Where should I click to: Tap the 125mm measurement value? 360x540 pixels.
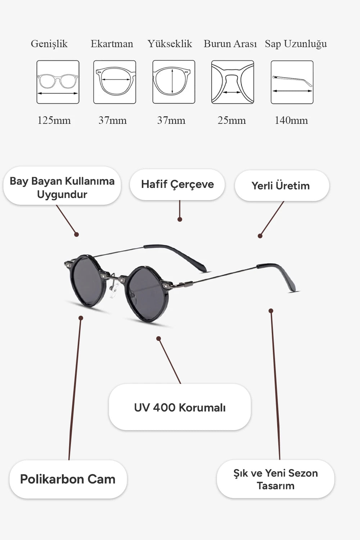(x=54, y=120)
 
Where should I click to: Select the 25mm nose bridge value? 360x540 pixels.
(x=232, y=120)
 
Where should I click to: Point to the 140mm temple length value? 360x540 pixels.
(x=291, y=120)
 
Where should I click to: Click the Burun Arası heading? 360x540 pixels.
(x=230, y=44)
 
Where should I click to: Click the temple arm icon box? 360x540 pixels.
(x=292, y=82)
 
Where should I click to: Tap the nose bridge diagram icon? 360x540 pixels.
(x=233, y=82)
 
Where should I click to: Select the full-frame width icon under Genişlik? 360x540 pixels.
(x=58, y=82)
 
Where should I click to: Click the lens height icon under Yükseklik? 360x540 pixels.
(x=174, y=82)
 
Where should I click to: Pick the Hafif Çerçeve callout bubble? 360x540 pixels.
(x=177, y=184)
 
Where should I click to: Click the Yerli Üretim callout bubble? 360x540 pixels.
(x=282, y=186)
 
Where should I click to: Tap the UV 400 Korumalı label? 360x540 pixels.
(x=180, y=408)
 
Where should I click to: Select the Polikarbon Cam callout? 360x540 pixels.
(x=68, y=479)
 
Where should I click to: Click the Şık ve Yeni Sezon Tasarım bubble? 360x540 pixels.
(x=275, y=479)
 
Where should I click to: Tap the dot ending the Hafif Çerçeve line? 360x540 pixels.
(x=180, y=219)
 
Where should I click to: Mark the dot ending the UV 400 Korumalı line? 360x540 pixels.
(x=158, y=339)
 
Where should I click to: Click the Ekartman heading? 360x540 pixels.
(x=112, y=44)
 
